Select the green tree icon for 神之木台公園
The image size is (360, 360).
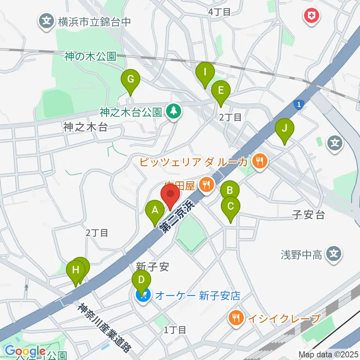(x=173, y=111)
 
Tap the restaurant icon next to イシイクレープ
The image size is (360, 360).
(x=235, y=318)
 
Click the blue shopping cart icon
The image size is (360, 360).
(x=143, y=295)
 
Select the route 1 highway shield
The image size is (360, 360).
(x=298, y=105)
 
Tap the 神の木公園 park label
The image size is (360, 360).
(x=90, y=57)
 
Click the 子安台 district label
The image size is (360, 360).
(x=308, y=215)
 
